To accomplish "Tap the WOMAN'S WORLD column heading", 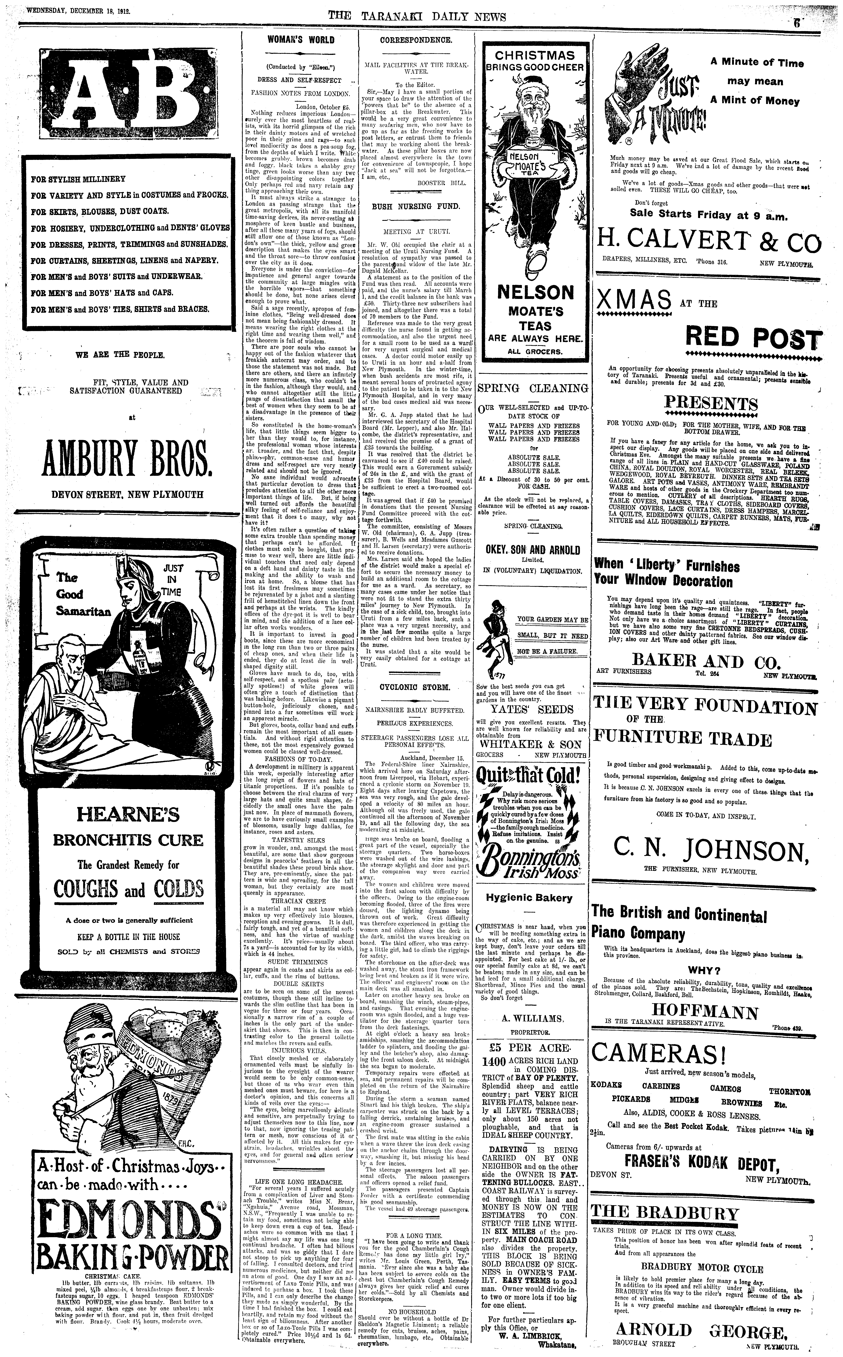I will pyautogui.click(x=301, y=40).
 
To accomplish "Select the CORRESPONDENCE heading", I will pyautogui.click(x=416, y=40).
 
